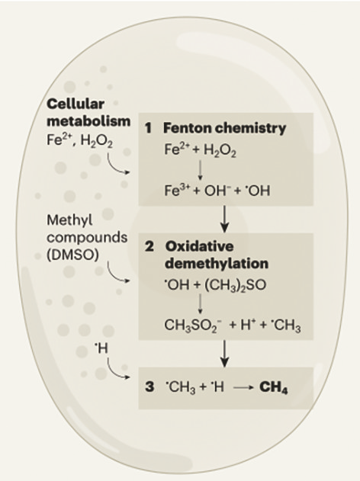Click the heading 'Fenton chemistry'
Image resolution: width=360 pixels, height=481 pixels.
(x=224, y=128)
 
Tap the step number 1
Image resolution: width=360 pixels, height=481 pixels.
(x=149, y=128)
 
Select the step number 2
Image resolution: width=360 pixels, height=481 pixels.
(x=149, y=246)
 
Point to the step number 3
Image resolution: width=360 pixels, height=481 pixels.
(x=149, y=386)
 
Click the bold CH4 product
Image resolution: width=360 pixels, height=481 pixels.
(x=274, y=387)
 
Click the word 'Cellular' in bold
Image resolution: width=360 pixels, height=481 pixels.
(x=76, y=104)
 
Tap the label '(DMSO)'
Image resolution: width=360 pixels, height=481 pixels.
(x=72, y=255)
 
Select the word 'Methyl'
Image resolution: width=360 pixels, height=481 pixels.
(x=69, y=220)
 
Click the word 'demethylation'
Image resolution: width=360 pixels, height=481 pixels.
(x=217, y=264)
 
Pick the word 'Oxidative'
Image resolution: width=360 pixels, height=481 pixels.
(x=200, y=246)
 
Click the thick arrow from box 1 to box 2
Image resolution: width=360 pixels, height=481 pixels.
(x=225, y=219)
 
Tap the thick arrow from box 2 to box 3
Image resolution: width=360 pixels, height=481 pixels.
(x=225, y=354)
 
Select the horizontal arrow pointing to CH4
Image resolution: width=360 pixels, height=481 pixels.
(x=243, y=388)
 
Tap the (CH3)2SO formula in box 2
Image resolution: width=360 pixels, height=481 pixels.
(x=235, y=285)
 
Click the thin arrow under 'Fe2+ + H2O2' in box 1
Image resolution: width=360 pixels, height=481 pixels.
(x=200, y=170)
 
